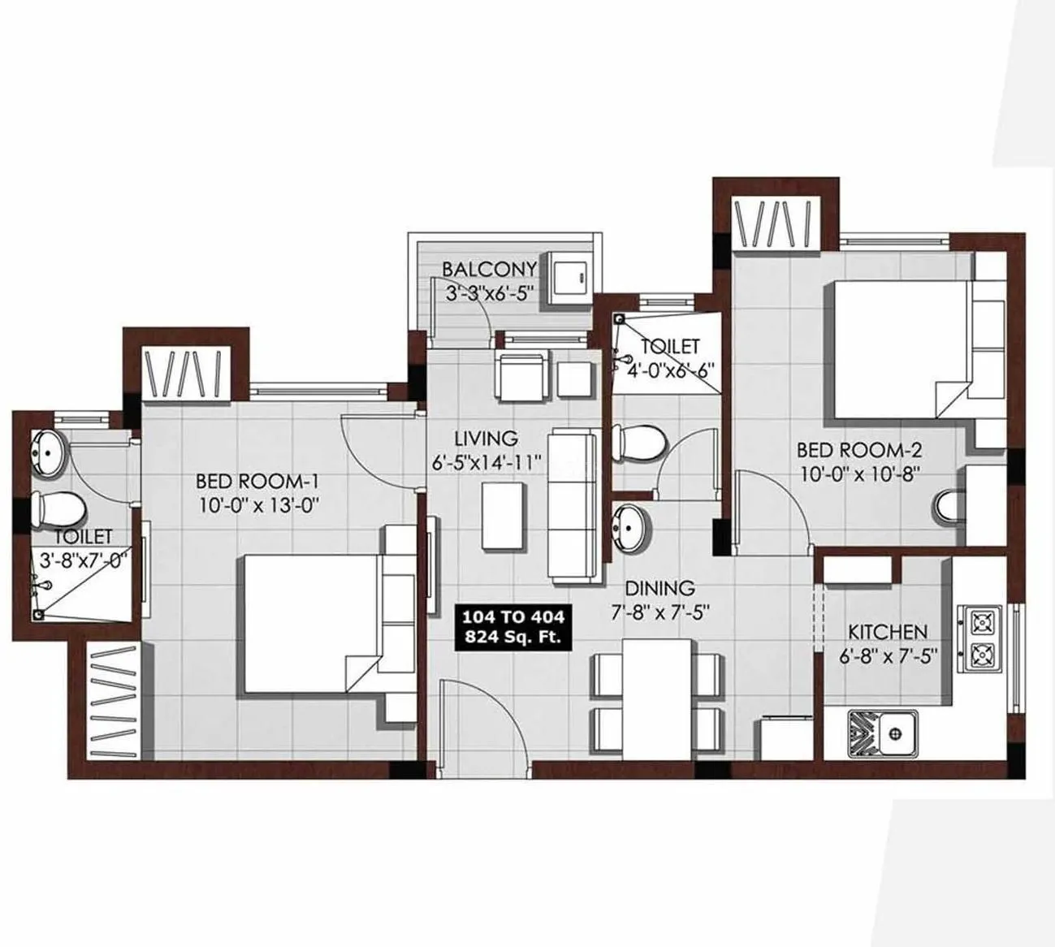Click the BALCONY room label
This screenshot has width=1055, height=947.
pyautogui.click(x=489, y=269)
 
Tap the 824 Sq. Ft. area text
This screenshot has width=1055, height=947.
pyautogui.click(x=512, y=638)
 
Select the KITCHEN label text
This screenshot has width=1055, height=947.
pyautogui.click(x=887, y=631)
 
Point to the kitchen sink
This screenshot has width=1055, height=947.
pyautogui.click(x=883, y=733)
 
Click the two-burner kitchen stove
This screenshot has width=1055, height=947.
pyautogui.click(x=981, y=638)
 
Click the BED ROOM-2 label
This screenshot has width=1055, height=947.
pyautogui.click(x=858, y=449)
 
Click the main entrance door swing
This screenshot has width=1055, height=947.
pyautogui.click(x=479, y=723)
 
